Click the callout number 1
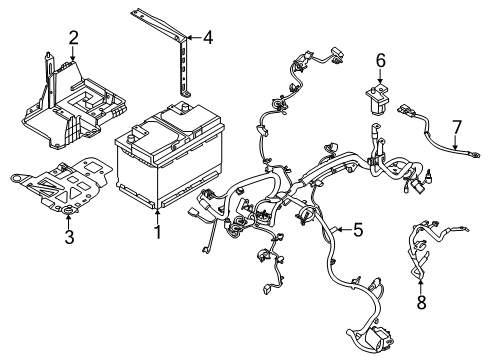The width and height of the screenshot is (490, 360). (156, 234)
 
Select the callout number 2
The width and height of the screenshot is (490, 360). (73, 38)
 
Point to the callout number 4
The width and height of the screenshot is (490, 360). (207, 39)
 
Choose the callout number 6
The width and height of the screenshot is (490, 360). (380, 61)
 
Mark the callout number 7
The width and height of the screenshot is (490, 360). (456, 126)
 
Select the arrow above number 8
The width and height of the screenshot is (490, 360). (419, 281)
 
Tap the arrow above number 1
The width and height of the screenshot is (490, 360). (156, 216)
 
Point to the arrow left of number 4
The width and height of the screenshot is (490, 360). (193, 39)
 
